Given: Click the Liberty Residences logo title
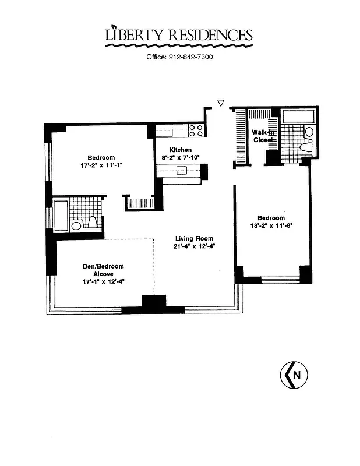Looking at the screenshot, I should (x=179, y=36).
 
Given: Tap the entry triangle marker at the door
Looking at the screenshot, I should (x=220, y=103).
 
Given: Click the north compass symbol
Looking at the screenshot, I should (x=295, y=375).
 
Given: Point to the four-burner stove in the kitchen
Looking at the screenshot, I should (x=196, y=130).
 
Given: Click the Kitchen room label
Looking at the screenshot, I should (x=181, y=150).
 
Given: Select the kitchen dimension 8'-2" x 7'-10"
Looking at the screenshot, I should (x=181, y=157).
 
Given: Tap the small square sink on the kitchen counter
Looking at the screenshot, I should (x=182, y=170).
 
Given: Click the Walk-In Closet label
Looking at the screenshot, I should (x=263, y=136).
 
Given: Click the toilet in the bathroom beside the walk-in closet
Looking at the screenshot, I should (x=304, y=149).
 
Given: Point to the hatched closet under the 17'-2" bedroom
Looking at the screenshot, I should (x=139, y=203).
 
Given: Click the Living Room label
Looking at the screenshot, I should (x=195, y=238).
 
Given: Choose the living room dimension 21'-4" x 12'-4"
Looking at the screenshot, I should (x=195, y=246).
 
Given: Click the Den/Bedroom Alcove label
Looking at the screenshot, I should (x=103, y=270).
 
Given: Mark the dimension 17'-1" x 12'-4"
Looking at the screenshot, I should (x=103, y=281).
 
